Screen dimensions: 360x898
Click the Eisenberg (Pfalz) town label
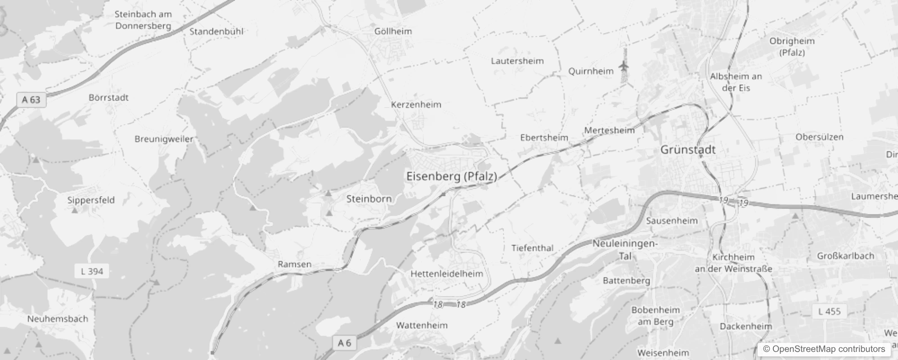452,176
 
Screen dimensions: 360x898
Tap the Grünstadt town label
687,150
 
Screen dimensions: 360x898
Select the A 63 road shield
31,99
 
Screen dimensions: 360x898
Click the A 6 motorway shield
344,343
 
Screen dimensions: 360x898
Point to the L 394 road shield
92,271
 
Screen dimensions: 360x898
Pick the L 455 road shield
829,311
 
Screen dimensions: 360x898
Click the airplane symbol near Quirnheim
624,67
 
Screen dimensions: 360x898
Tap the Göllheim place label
393,31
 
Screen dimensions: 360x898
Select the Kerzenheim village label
416,105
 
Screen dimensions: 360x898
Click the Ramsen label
294,264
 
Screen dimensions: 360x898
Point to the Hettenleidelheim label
447,274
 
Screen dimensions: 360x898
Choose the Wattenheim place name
422,325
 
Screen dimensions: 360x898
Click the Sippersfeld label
91,200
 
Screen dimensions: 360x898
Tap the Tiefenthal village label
532,248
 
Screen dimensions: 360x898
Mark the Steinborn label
369,199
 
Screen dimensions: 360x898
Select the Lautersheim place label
517,61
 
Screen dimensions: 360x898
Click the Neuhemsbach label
58,319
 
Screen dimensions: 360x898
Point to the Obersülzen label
819,137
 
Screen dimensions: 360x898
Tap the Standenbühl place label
216,31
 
